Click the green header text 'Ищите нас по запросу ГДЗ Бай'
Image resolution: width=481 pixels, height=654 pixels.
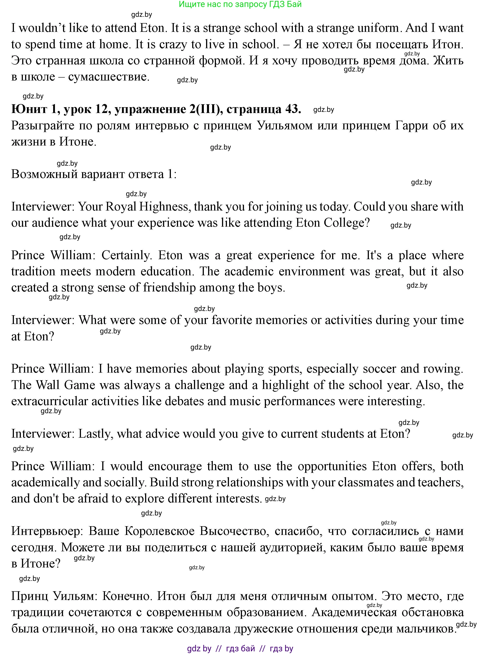[240, 4]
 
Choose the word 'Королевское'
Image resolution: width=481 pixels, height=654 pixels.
[160, 531]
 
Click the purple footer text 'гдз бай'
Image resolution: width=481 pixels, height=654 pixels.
[240, 648]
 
